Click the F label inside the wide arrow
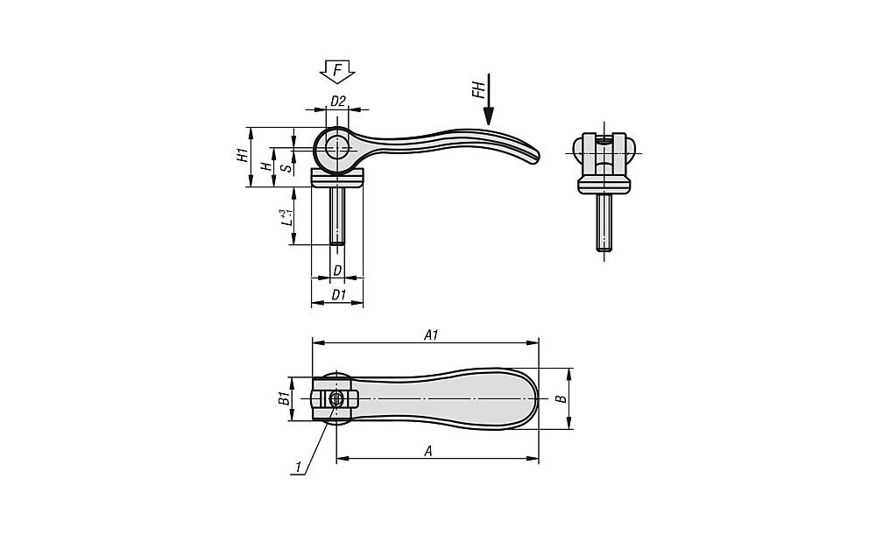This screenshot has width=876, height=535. coord(337,68)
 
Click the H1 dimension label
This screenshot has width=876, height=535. coord(240,157)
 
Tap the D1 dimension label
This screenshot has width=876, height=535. coord(337,294)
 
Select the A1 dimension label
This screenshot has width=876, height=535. coord(430,334)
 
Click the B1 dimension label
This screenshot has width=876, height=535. coord(283,399)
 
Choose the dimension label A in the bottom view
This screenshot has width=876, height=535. coord(428,450)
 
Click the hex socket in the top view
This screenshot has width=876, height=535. coord(337,398)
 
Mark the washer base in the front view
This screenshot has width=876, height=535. coord(604,184)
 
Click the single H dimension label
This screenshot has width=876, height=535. coord(265,166)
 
